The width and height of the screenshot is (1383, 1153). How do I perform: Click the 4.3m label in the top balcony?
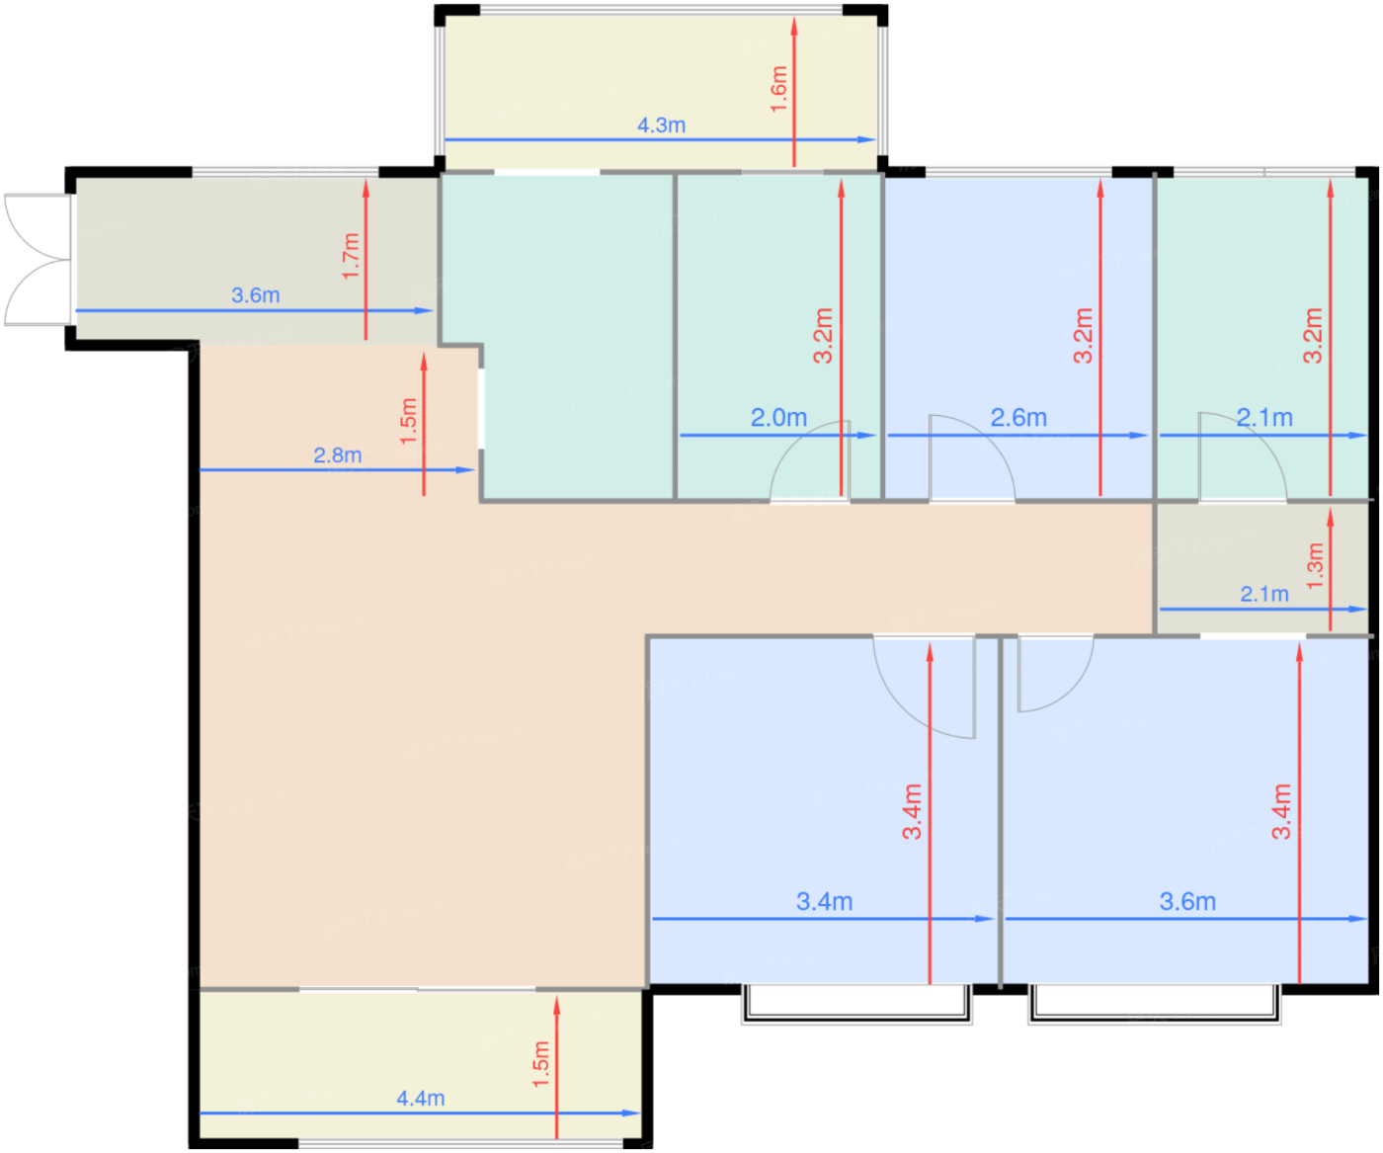click(660, 125)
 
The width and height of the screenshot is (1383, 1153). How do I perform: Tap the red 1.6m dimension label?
click(779, 90)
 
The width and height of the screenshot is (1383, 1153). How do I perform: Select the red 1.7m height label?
click(351, 256)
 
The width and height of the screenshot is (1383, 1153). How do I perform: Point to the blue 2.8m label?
click(337, 455)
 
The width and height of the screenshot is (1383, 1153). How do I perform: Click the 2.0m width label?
click(778, 418)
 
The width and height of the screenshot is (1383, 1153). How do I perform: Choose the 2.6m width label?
click(1018, 418)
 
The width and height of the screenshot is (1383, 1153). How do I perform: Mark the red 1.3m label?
click(1315, 566)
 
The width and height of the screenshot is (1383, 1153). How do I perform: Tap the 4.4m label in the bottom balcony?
click(420, 1098)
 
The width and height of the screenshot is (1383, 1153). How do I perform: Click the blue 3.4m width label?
click(824, 901)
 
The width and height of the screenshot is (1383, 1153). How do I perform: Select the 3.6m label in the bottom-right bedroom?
click(1187, 901)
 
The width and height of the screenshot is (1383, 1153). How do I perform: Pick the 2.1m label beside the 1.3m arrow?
click(1263, 594)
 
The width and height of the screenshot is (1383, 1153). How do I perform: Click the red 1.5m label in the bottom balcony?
click(541, 1064)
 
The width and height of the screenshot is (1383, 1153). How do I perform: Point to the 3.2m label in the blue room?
click(1083, 335)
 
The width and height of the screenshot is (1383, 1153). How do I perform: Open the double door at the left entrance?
click(39, 259)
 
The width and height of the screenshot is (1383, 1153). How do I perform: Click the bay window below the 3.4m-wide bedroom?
click(856, 1005)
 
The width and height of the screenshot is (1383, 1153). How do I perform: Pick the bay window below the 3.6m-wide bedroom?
click(1155, 1005)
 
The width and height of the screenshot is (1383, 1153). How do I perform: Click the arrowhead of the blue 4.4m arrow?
click(631, 1113)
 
